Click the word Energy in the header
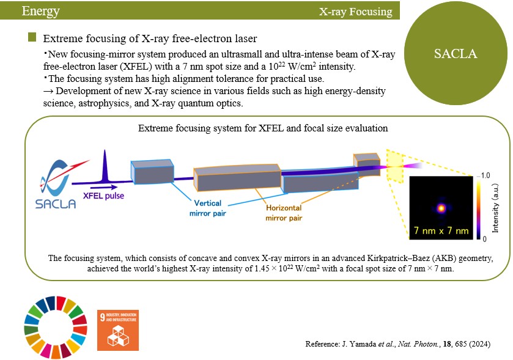coord(40,11)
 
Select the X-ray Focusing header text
coord(356,12)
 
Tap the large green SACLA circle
coord(456,53)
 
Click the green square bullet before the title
coord(32,37)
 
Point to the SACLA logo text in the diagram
coord(56,204)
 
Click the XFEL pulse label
coord(103,196)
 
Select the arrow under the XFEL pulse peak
coord(103,188)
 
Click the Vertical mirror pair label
coord(207,208)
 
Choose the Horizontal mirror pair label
coord(284,213)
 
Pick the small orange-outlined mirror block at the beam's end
coord(367,164)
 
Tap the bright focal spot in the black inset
coord(441,208)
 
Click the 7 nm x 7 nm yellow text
coord(441,230)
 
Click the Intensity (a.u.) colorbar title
coord(495,208)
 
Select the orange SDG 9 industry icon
coord(118,330)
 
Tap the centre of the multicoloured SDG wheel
coord(56,328)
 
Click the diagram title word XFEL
coord(271,128)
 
